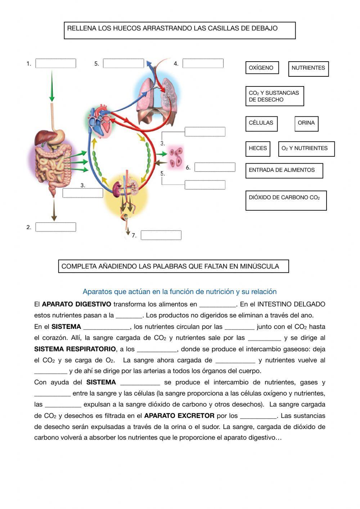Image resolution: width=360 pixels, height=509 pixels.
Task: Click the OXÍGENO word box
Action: coord(262,68)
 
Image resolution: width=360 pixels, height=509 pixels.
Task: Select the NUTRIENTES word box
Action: coord(309,69)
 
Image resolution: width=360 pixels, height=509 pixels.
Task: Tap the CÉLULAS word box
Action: coord(261,124)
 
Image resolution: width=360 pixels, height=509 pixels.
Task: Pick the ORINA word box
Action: coord(306,124)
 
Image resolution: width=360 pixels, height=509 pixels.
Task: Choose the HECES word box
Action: coord(258,149)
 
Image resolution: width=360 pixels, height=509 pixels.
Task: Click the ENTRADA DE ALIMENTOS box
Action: coord(284,171)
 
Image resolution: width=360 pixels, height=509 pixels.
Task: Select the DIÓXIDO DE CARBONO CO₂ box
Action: coord(286,200)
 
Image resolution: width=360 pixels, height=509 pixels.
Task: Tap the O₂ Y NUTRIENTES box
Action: coord(306,149)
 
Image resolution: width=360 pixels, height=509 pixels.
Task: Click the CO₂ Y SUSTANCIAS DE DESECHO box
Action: coord(275,96)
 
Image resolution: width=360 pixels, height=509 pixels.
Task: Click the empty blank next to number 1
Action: coord(56,63)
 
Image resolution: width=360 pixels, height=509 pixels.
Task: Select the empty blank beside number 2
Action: coord(56,227)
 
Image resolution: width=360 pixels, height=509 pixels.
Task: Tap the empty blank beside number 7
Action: coord(161,235)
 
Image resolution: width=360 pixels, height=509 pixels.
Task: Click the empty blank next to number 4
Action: coord(203,63)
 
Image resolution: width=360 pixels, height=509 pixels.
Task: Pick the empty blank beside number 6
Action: coord(215,167)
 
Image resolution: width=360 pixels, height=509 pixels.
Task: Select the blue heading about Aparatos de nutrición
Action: coord(180,291)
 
